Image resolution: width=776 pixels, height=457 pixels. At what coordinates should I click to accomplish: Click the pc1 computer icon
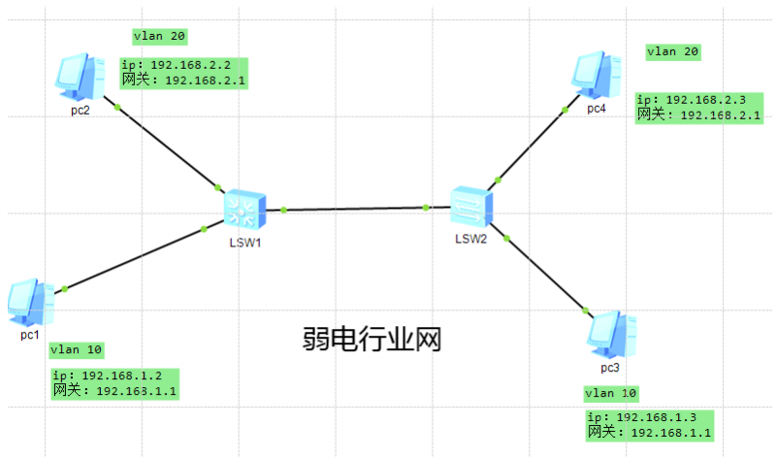[31, 302]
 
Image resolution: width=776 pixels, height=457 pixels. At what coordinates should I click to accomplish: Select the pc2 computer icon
[80, 78]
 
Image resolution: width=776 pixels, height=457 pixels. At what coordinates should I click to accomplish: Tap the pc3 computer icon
[612, 335]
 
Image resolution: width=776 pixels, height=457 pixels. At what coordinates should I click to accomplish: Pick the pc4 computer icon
[597, 76]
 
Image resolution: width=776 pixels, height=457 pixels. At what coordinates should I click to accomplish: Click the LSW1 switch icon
[245, 210]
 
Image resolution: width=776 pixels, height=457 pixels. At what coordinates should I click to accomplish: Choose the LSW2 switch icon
[471, 207]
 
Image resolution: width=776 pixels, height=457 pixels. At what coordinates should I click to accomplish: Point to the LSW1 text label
[245, 243]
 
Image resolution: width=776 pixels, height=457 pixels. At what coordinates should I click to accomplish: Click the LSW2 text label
[471, 239]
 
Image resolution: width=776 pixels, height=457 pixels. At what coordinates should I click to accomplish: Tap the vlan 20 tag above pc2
[160, 36]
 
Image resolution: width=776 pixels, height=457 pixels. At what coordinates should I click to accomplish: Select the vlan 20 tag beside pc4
[673, 51]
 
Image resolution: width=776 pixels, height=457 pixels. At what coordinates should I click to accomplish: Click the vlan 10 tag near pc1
[77, 350]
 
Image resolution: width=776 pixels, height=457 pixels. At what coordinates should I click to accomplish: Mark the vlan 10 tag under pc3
[611, 394]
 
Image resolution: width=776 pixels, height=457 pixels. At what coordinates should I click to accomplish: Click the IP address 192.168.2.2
[190, 65]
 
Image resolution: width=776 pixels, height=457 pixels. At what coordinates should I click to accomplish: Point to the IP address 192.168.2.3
[706, 100]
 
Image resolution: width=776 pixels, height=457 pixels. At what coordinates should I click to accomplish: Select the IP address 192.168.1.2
[122, 375]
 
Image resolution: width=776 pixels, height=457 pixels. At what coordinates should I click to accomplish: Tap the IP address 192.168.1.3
[657, 417]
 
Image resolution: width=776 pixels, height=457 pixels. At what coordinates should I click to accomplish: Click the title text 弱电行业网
[372, 340]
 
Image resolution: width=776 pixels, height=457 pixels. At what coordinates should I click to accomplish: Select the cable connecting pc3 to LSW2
[541, 270]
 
